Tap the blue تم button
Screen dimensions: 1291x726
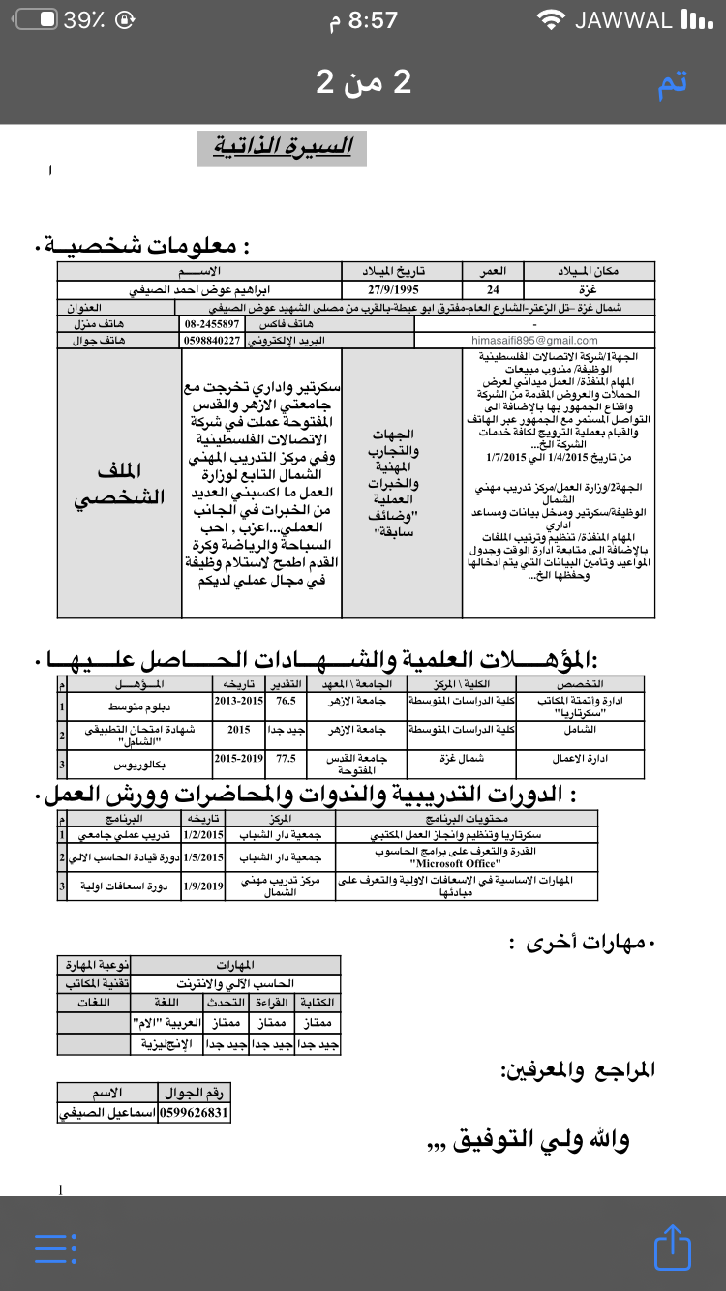[x=672, y=83]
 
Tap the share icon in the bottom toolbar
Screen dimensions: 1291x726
[x=672, y=1247]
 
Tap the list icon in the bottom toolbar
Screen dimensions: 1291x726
[x=54, y=1248]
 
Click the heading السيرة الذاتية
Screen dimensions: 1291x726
[x=282, y=147]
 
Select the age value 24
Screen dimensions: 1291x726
[x=494, y=289]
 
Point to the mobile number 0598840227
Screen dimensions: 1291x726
[x=212, y=341]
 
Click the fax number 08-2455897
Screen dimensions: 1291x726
[x=212, y=324]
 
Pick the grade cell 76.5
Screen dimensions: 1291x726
[x=286, y=701]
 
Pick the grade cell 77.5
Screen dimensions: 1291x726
[x=286, y=759]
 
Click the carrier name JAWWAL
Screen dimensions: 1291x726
[x=622, y=20]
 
